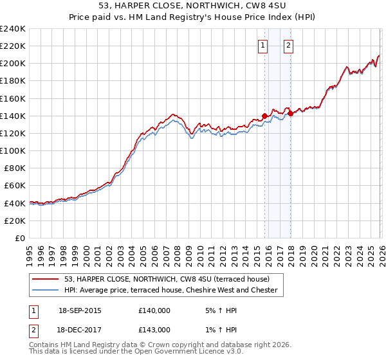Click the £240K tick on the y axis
13,29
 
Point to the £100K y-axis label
13,150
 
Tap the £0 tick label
19,238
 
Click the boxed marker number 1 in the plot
263,45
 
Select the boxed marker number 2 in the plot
288,45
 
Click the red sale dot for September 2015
264,116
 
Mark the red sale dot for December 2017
290,114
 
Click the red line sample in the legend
45,279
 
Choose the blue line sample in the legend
45,290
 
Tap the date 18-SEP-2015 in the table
79,310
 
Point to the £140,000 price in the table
154,310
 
